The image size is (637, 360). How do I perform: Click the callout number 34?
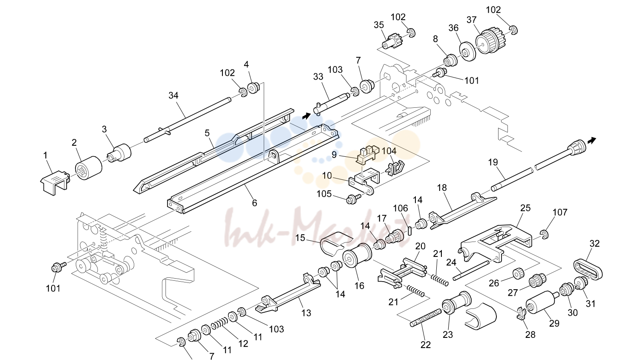point(173,95)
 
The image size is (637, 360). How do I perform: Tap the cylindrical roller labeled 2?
point(89,168)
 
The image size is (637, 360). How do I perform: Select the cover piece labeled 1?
point(55,183)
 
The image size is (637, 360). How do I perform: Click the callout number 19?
point(493,162)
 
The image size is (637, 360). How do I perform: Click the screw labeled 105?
point(353,198)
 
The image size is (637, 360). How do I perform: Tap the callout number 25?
point(525,208)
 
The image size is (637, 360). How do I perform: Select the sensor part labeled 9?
point(367,154)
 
